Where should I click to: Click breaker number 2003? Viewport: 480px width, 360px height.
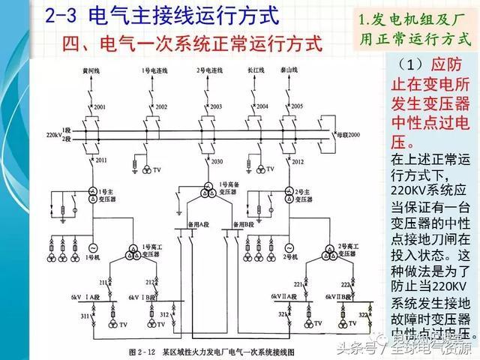[x=216, y=107]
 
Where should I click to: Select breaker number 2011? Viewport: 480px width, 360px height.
[x=100, y=160]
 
